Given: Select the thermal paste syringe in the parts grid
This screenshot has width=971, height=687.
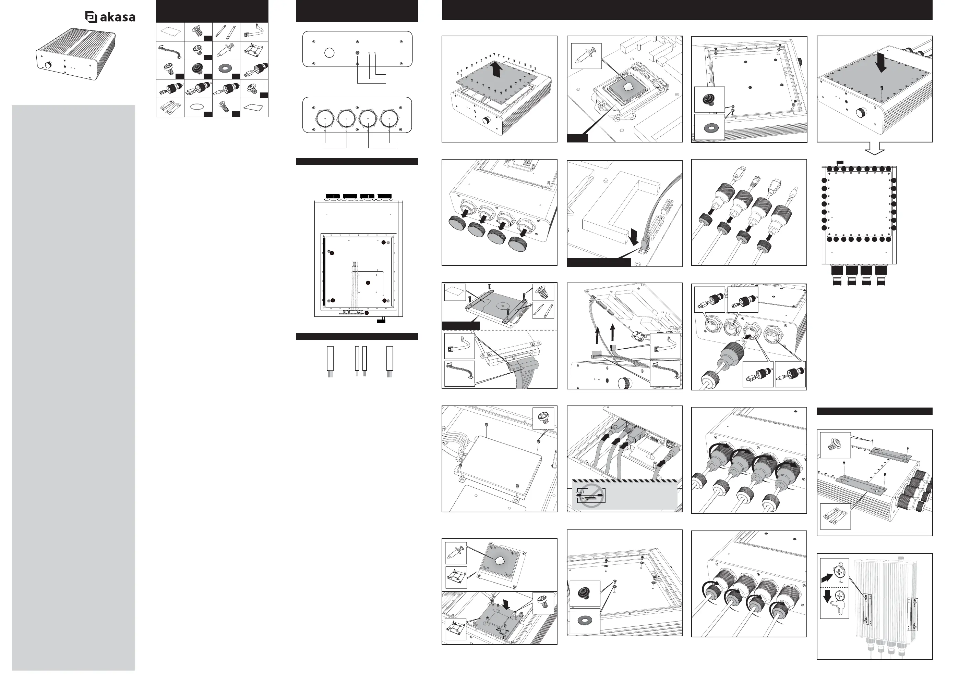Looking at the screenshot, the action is pos(226,50).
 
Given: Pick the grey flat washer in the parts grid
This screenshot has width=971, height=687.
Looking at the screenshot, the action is pos(226,68).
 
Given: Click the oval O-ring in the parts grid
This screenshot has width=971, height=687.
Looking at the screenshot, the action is pos(198,108).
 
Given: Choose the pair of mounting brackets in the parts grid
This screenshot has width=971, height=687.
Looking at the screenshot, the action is pos(170,108).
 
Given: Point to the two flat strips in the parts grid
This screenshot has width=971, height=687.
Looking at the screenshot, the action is pos(226,31).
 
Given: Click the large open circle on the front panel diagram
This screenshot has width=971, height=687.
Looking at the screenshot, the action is pos(329,53).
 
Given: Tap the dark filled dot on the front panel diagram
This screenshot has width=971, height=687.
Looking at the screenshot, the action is pos(357,53).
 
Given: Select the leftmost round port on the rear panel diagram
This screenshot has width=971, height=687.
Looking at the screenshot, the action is pos(325,119).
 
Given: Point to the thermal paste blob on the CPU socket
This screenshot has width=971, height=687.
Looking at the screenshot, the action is pos(627,87).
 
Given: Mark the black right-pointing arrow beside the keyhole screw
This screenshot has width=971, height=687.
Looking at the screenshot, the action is pos(827,577).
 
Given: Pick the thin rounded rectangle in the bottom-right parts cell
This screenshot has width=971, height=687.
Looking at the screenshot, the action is pos(254,107).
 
